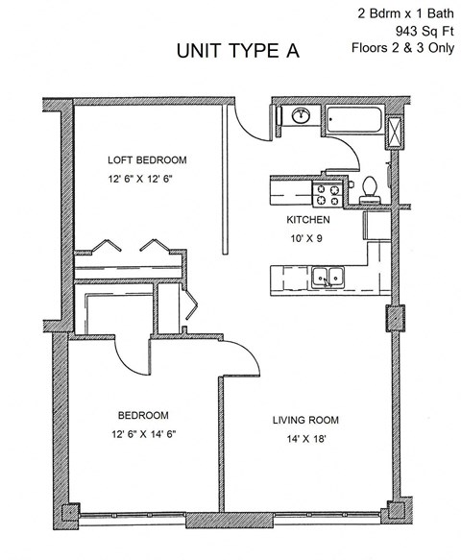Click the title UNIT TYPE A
click(x=237, y=52)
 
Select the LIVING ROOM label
click(x=305, y=421)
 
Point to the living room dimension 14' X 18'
click(x=305, y=438)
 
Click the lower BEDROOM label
click(x=143, y=416)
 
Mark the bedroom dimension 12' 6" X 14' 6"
click(x=143, y=434)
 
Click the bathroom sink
click(x=301, y=116)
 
